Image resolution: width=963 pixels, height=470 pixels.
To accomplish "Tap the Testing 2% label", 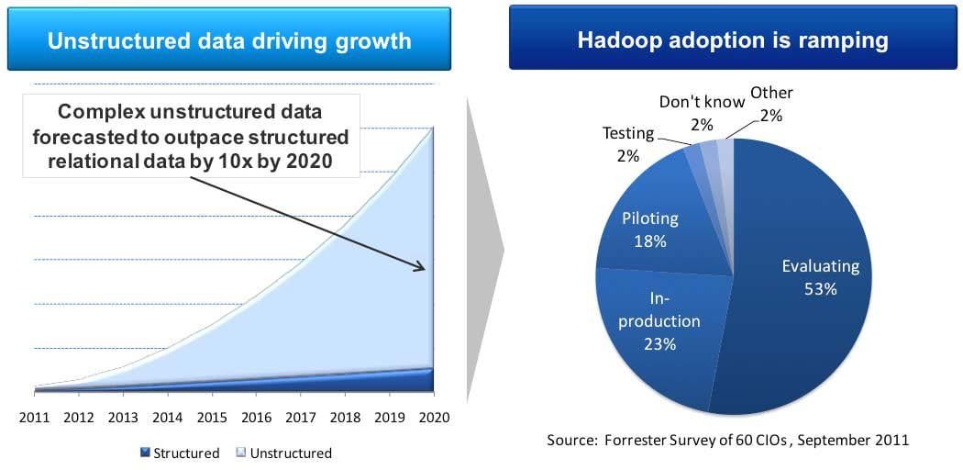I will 628,143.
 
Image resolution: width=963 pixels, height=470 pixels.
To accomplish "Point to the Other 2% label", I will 771,103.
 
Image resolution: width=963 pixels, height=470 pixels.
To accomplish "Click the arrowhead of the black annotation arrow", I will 421,267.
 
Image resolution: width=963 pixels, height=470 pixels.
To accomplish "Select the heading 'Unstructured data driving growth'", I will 229,40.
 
